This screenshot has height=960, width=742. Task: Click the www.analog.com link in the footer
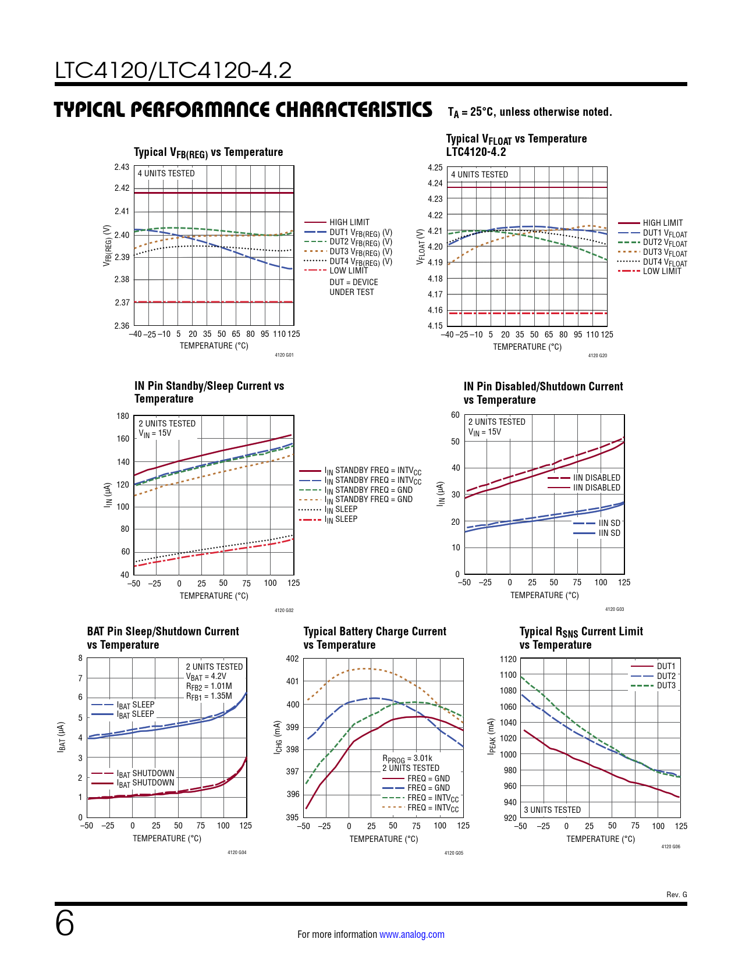pyautogui.click(x=411, y=934)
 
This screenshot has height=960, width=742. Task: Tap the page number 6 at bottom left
pyautogui.click(x=65, y=923)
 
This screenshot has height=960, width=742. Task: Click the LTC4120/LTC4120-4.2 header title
pyautogui.click(x=173, y=70)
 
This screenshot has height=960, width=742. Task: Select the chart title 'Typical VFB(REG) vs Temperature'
pyautogui.click(x=208, y=152)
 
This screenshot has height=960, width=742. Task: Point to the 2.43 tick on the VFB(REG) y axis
pyautogui.click(x=122, y=167)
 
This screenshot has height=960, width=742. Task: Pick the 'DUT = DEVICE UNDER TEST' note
pyautogui.click(x=353, y=287)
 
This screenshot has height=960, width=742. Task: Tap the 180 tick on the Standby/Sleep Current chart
pyautogui.click(x=123, y=416)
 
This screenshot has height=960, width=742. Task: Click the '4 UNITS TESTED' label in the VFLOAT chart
pyautogui.click(x=480, y=175)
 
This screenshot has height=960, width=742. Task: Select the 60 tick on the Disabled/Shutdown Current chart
pyautogui.click(x=455, y=415)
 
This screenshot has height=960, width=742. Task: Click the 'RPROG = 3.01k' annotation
pyautogui.click(x=407, y=759)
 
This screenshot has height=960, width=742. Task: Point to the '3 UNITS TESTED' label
pyautogui.click(x=552, y=810)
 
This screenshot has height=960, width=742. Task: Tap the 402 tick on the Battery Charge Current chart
pyautogui.click(x=292, y=659)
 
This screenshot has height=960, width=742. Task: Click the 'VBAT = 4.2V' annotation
pyautogui.click(x=206, y=677)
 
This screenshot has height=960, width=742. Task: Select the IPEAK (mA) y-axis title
pyautogui.click(x=491, y=737)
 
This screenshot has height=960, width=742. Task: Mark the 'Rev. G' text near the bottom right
pyautogui.click(x=676, y=894)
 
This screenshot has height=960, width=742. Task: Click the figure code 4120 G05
pyautogui.click(x=454, y=853)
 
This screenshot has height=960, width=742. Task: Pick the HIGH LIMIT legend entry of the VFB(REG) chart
pyautogui.click(x=349, y=222)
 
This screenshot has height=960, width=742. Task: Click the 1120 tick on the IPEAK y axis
pyautogui.click(x=508, y=659)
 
